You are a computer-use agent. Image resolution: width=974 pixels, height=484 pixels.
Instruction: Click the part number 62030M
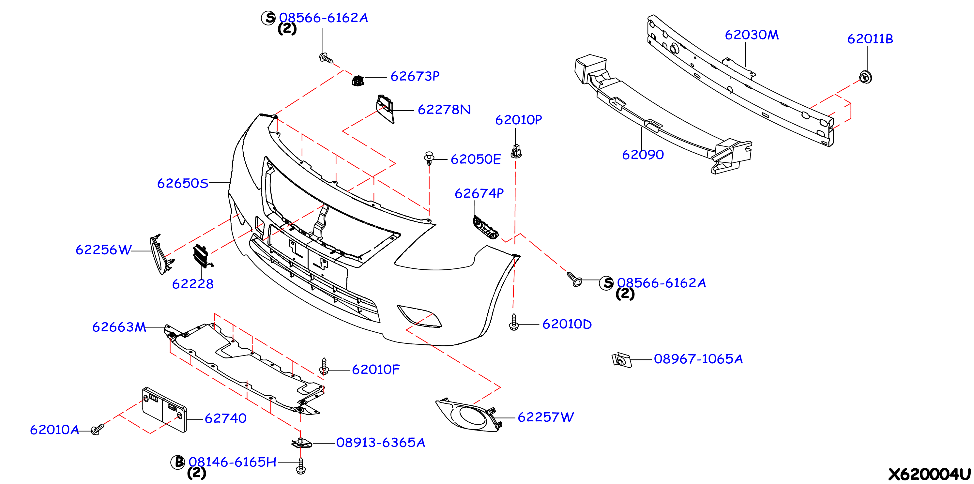click(752, 35)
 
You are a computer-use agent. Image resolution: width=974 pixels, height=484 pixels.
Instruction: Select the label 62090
click(643, 155)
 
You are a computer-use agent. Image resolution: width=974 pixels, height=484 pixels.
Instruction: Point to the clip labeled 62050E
click(429, 158)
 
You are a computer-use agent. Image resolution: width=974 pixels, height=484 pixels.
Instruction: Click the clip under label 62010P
click(516, 151)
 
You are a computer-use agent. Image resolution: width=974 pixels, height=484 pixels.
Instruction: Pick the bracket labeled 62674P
click(485, 227)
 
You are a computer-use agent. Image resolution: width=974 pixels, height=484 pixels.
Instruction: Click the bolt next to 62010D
click(513, 322)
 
